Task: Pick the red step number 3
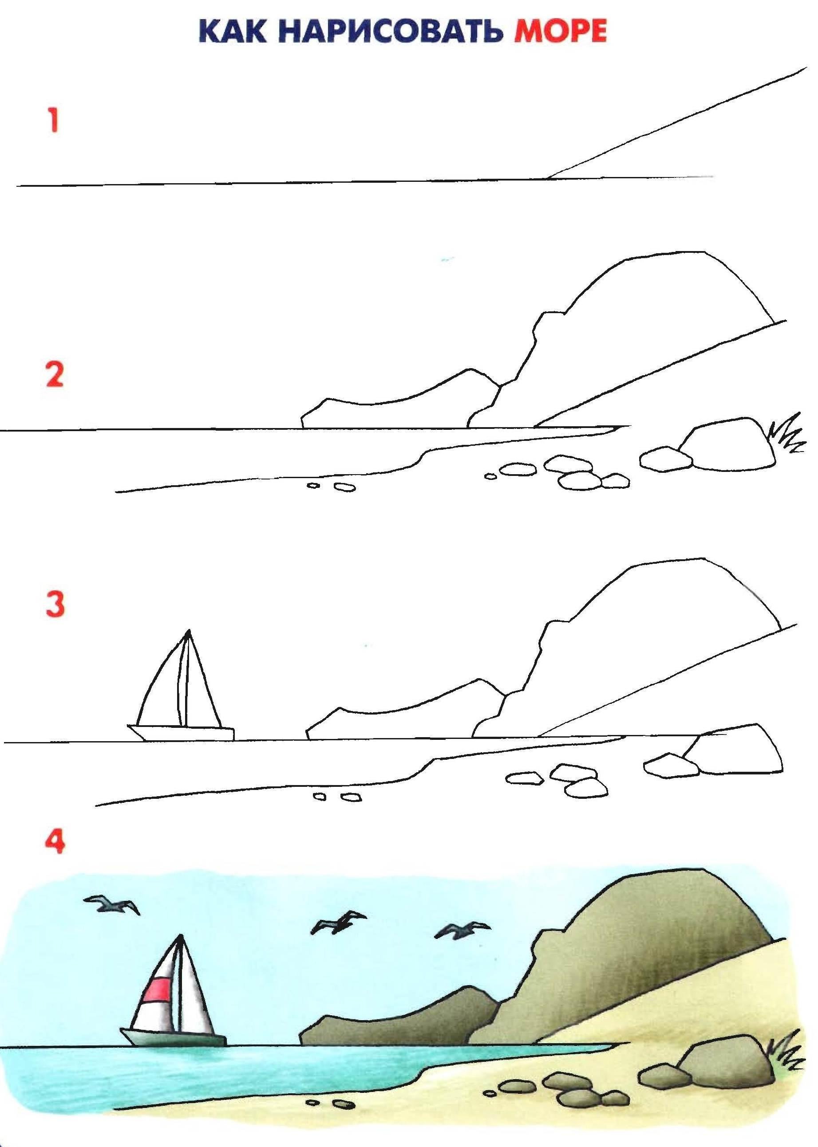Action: (x=55, y=605)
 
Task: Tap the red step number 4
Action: (x=55, y=841)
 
